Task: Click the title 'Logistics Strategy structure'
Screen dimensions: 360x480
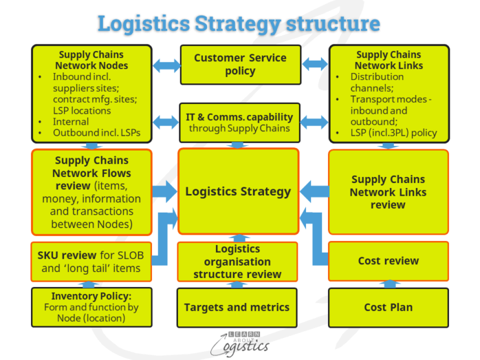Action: click(x=239, y=24)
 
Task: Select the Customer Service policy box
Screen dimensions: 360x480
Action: click(x=240, y=65)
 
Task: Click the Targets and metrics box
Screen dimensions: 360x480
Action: click(x=237, y=307)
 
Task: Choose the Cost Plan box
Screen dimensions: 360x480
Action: click(x=388, y=307)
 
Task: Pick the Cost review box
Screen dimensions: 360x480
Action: click(x=388, y=261)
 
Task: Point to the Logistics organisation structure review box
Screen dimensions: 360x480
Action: click(x=237, y=262)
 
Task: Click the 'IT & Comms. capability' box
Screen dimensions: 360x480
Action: click(x=240, y=123)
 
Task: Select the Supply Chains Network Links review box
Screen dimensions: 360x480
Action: click(x=388, y=192)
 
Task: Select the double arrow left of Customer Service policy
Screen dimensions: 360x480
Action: click(x=166, y=65)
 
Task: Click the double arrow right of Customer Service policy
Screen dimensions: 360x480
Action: click(x=315, y=65)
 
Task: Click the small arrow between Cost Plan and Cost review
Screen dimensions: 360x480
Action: click(x=388, y=284)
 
